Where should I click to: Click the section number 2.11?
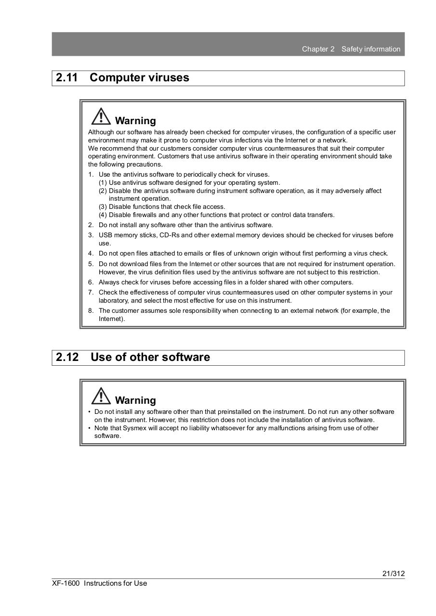[66, 78]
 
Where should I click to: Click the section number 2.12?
[67, 358]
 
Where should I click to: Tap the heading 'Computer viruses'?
[139, 78]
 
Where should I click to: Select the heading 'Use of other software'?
[150, 358]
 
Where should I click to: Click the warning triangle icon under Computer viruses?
[101, 117]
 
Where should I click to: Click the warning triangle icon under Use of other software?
[101, 397]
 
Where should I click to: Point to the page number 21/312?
[393, 574]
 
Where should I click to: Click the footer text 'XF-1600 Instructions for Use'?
[100, 583]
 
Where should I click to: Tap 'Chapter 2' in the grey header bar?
[318, 49]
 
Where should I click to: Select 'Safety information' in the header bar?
[371, 49]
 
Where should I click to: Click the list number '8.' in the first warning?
[91, 311]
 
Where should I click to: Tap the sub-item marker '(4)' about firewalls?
[103, 215]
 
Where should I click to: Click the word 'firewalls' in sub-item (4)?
[145, 215]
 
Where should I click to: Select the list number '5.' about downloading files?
[91, 264]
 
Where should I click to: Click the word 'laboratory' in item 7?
[113, 301]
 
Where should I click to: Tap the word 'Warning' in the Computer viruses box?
[135, 121]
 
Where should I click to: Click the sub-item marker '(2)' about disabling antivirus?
[103, 191]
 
